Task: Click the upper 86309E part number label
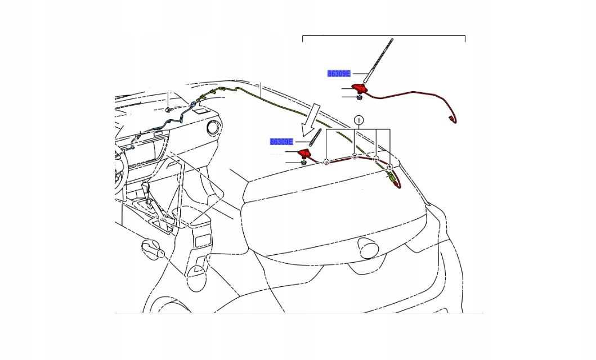pos(339,73)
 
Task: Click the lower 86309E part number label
pos(281,142)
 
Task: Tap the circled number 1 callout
pos(359,120)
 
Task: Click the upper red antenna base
pos(359,87)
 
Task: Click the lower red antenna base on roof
pos(304,153)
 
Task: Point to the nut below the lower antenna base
pos(303,163)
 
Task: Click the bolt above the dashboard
pos(168,109)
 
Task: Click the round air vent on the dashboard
pos(213,128)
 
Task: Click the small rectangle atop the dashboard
pos(199,112)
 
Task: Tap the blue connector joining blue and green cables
pos(194,103)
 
